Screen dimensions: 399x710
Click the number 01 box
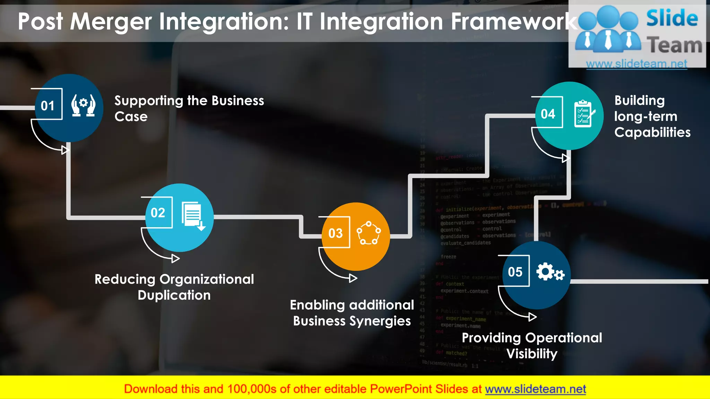[x=48, y=105]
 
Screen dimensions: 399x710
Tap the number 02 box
[x=158, y=212]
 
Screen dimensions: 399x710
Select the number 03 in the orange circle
[x=335, y=233]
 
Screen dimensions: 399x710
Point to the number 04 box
[x=548, y=114]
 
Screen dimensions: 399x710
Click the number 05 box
[x=515, y=272]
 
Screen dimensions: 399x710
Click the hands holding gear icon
[x=83, y=105]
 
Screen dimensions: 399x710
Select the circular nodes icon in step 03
[x=369, y=233]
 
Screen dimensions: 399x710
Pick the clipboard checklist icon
[x=584, y=114]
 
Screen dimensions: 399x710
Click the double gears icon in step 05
[x=550, y=272]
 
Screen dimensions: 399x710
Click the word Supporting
[x=149, y=101]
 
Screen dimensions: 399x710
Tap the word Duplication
[x=174, y=295]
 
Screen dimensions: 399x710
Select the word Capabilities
[x=652, y=132]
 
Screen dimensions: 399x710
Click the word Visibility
[x=532, y=354]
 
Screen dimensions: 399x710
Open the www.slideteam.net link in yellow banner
[x=535, y=389]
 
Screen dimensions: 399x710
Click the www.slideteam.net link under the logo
[x=637, y=64]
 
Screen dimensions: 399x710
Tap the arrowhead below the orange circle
[x=353, y=278]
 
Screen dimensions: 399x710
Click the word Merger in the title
[x=111, y=21]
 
